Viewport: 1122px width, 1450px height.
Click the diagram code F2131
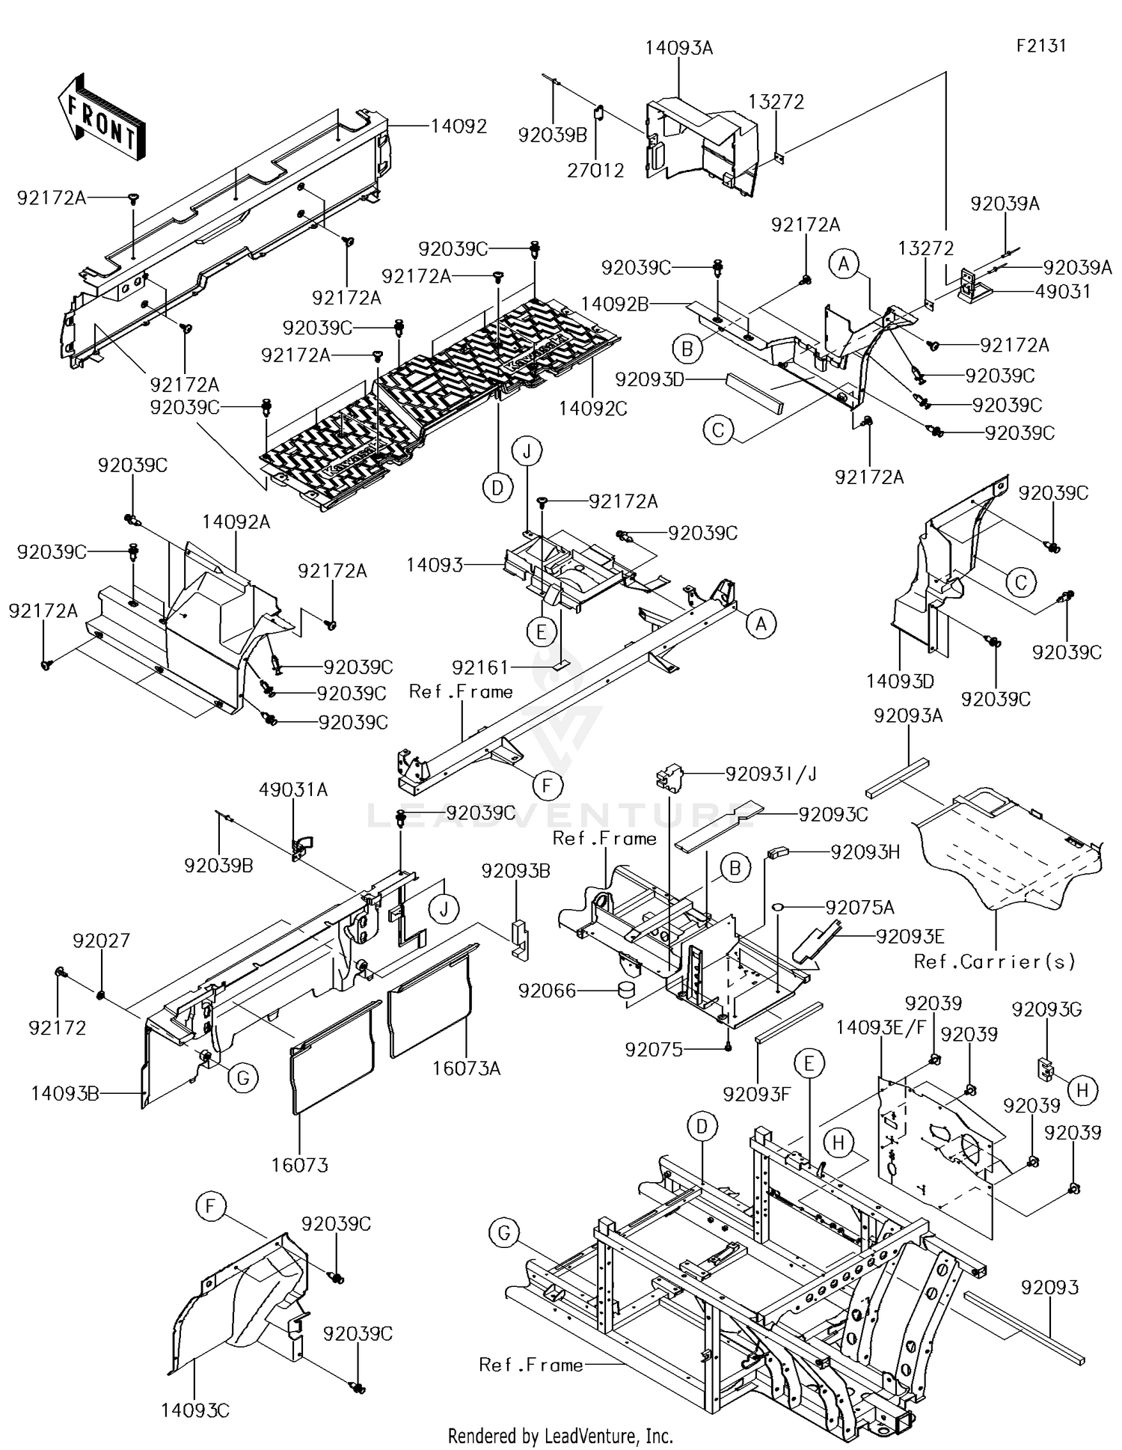(1040, 46)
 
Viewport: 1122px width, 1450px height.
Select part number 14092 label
(459, 126)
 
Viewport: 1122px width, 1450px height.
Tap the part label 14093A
(678, 49)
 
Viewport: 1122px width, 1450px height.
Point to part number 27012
(595, 171)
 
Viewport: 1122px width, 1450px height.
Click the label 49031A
(293, 790)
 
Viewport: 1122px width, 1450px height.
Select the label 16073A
(466, 1069)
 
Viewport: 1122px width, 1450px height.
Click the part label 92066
(548, 991)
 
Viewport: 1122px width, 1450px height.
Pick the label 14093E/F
(880, 1027)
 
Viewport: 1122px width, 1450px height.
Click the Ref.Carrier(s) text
(995, 961)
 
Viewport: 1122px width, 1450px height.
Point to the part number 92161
(479, 667)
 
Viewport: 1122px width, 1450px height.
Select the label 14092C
(592, 409)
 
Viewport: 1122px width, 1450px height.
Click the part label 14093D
(901, 681)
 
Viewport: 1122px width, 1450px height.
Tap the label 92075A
(859, 908)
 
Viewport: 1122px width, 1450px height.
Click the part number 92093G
(1046, 1009)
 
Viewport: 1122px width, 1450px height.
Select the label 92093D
(649, 379)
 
